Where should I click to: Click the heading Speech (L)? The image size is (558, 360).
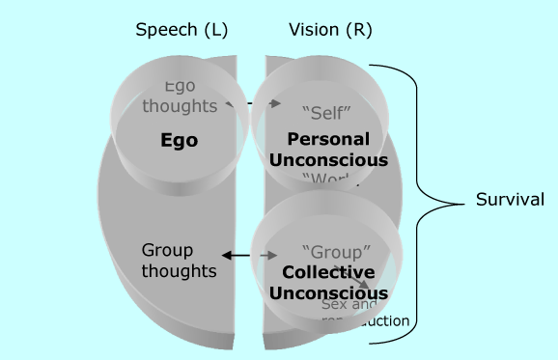[181, 30]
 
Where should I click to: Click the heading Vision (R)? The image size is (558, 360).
[330, 30]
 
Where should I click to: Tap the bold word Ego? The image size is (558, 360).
[179, 141]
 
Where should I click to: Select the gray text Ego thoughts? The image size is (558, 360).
[180, 97]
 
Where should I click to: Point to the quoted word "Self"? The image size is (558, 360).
[325, 113]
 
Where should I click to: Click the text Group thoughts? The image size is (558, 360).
[179, 260]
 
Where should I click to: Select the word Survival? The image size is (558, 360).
[510, 200]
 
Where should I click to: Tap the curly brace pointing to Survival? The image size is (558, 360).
[425, 200]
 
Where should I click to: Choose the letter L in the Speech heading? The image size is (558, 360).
[217, 30]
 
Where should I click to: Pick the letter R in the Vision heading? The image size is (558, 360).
[361, 30]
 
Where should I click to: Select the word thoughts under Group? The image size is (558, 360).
[179, 270]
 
